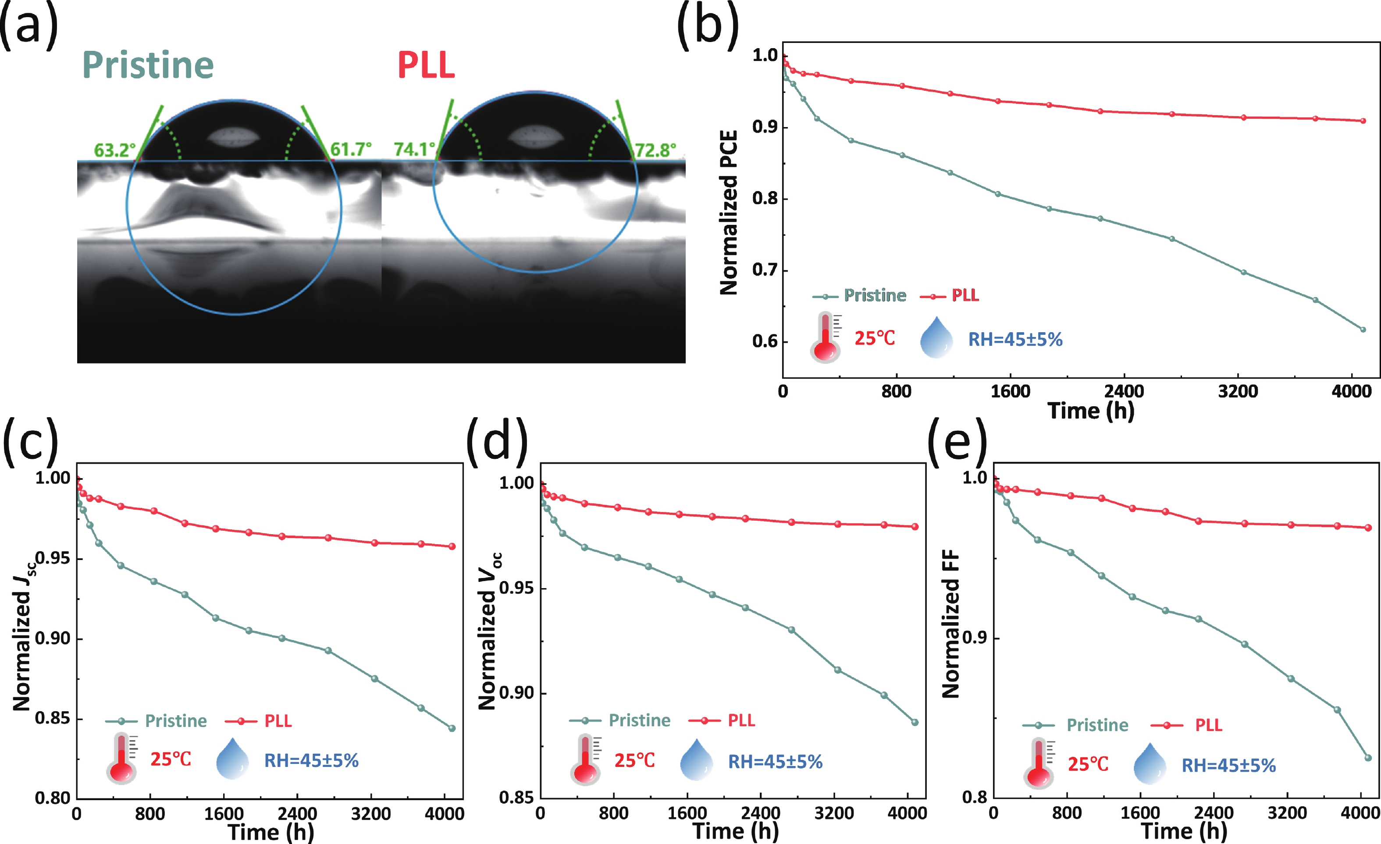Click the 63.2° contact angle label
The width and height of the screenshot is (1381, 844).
pyautogui.click(x=114, y=150)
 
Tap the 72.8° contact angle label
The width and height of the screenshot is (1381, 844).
pyautogui.click(x=655, y=150)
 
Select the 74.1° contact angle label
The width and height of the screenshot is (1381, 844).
pyautogui.click(x=414, y=149)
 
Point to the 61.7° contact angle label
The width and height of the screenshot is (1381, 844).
pyautogui.click(x=351, y=149)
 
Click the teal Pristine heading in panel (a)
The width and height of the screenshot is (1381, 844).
pyautogui.click(x=148, y=66)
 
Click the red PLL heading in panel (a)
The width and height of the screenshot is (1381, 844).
pyautogui.click(x=426, y=66)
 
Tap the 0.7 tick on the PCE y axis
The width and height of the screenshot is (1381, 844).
pyautogui.click(x=765, y=270)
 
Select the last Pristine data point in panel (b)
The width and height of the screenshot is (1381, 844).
pyautogui.click(x=1363, y=329)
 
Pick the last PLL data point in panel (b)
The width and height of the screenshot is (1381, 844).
pyautogui.click(x=1363, y=121)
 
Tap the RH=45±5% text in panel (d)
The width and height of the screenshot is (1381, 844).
pyautogui.click(x=775, y=761)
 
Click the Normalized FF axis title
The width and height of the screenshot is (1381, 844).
pyautogui.click(x=951, y=624)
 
